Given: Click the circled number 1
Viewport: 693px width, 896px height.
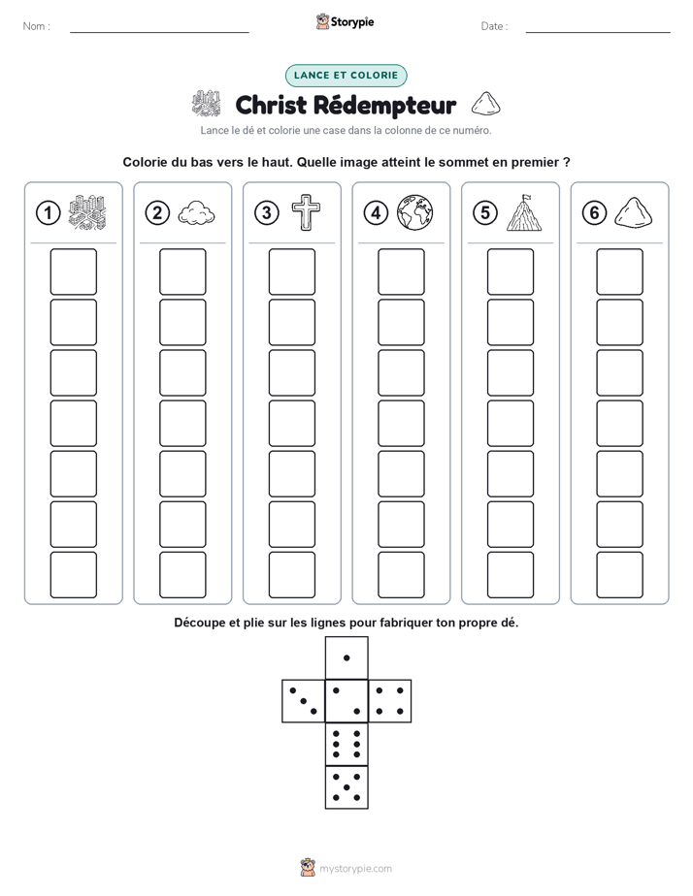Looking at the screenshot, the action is click(x=48, y=213).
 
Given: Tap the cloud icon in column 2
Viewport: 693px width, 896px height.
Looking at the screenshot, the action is click(x=197, y=213).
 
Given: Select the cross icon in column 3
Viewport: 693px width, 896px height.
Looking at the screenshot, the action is click(x=306, y=212).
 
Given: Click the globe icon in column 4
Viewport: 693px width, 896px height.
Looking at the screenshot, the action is click(x=415, y=212).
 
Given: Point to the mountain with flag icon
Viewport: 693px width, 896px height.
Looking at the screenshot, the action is click(x=524, y=212).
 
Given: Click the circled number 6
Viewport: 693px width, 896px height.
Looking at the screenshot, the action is click(x=594, y=213).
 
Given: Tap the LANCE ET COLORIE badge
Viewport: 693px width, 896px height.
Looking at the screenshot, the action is click(x=346, y=76).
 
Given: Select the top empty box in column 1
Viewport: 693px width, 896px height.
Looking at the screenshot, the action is click(x=73, y=272).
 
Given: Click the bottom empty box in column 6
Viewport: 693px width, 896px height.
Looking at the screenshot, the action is click(x=620, y=575).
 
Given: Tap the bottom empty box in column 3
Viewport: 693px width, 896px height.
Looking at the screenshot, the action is click(x=292, y=575).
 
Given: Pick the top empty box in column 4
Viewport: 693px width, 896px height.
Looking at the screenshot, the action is click(x=402, y=272).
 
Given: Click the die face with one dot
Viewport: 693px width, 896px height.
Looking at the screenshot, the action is click(x=346, y=658).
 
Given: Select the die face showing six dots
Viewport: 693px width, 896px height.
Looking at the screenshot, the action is click(x=346, y=744).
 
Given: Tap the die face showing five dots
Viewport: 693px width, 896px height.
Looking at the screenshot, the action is click(x=346, y=786).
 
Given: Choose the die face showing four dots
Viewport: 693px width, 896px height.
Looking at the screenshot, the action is click(x=390, y=701).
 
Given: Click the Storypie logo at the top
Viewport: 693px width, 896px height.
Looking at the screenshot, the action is click(x=345, y=22).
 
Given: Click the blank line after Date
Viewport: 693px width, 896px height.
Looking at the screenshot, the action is click(x=598, y=32).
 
